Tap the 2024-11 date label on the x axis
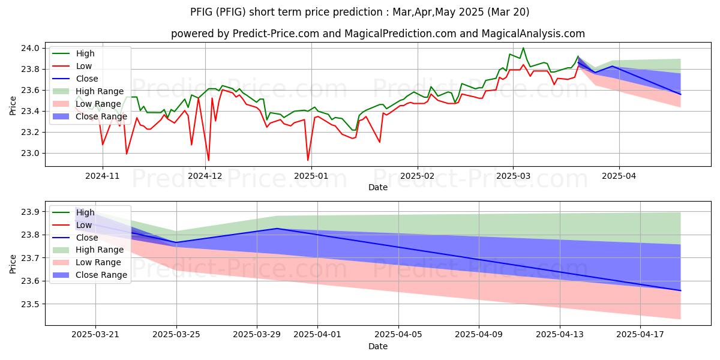coord(103,175)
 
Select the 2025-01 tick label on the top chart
coord(311,175)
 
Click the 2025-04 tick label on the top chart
coord(619,175)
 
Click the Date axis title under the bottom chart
coord(378,346)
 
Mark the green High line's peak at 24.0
coord(523,48)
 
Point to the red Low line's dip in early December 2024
coord(208,160)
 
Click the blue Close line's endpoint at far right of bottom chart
coord(680,290)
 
